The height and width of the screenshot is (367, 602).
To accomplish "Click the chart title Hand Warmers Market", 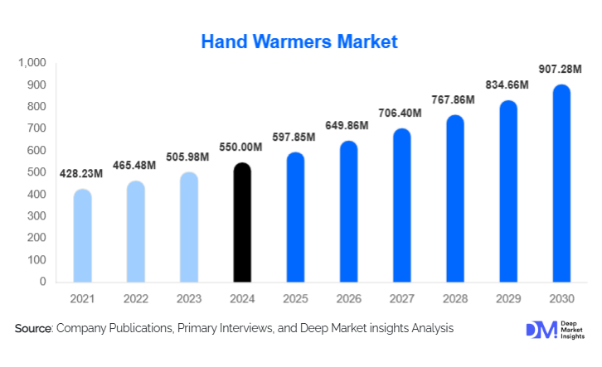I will coord(300,40).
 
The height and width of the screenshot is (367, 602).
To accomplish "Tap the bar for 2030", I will coord(561,183).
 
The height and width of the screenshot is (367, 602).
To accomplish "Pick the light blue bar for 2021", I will coord(82,235).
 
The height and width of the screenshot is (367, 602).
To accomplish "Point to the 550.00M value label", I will coord(241,147).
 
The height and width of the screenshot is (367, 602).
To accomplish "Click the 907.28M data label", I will coord(561,69).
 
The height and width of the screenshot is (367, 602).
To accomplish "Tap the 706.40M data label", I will coord(401,113).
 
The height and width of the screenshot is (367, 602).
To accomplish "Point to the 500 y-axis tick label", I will coord(36,172).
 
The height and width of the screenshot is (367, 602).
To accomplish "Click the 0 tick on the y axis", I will coord(42,282).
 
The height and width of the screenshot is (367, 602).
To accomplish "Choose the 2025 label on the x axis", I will coord(295,297).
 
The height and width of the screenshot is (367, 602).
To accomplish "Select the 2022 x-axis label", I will coord(135,297).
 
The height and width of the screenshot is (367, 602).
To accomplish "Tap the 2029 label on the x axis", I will coord(508,297).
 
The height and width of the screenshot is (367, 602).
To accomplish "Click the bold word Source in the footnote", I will coord(32,329).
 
